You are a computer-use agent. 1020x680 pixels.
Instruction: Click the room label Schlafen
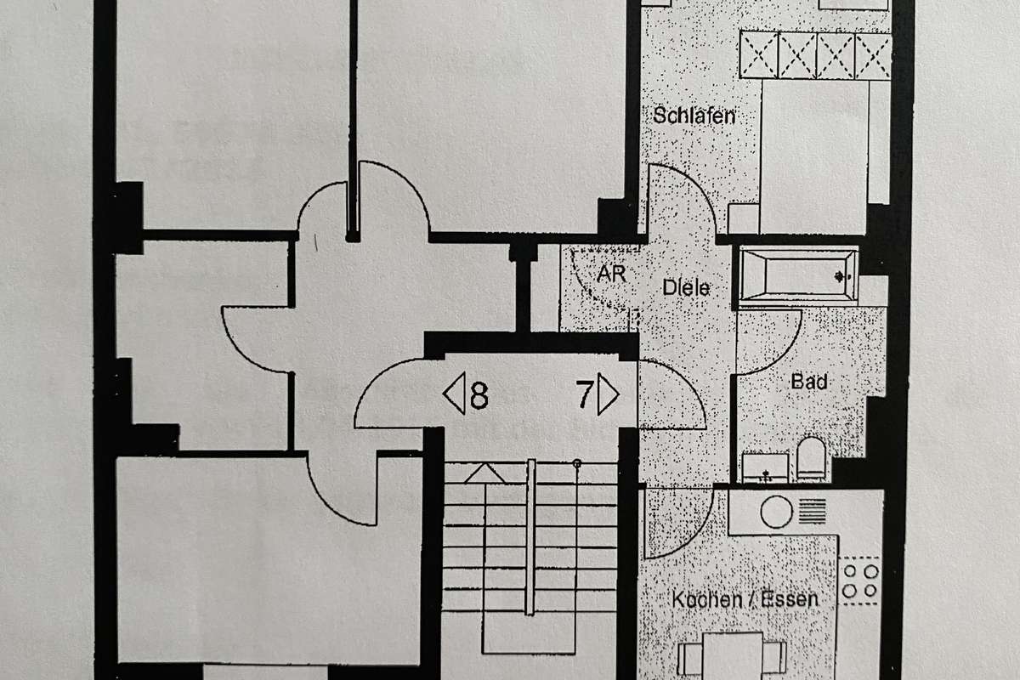coord(694,116)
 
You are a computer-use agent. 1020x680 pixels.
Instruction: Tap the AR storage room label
coord(612,275)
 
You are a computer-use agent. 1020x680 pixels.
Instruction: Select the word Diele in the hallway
coord(685,288)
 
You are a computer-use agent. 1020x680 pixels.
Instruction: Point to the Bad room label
coord(808,382)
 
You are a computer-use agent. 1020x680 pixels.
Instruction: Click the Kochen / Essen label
coord(745,599)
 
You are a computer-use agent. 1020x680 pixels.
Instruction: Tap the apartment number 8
coord(479,396)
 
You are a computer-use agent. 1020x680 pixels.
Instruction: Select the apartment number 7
coord(585,395)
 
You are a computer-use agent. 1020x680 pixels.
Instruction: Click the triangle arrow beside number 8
coord(454,396)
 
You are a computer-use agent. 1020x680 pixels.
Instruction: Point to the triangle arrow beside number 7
coord(609,395)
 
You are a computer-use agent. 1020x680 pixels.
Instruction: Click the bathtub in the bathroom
coord(796,275)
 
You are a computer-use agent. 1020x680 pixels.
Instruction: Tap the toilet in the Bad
coord(812,459)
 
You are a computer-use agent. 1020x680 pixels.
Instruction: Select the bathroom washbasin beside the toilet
coord(764,467)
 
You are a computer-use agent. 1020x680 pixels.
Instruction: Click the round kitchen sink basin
coord(776,512)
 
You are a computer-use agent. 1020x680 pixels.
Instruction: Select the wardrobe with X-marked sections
coord(814,55)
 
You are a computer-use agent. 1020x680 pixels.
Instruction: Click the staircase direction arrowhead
coord(484,473)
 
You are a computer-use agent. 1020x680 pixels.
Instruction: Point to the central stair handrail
coord(530,535)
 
